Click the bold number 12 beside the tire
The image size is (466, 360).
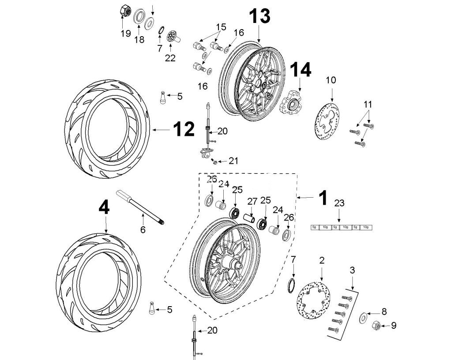[183, 130]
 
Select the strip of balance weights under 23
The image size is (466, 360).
[342, 227]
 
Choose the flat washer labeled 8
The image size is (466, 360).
[365, 317]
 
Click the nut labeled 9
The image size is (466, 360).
[379, 326]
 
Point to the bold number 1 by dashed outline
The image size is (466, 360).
[323, 198]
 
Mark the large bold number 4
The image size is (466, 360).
[104, 208]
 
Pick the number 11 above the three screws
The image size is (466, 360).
[368, 105]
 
